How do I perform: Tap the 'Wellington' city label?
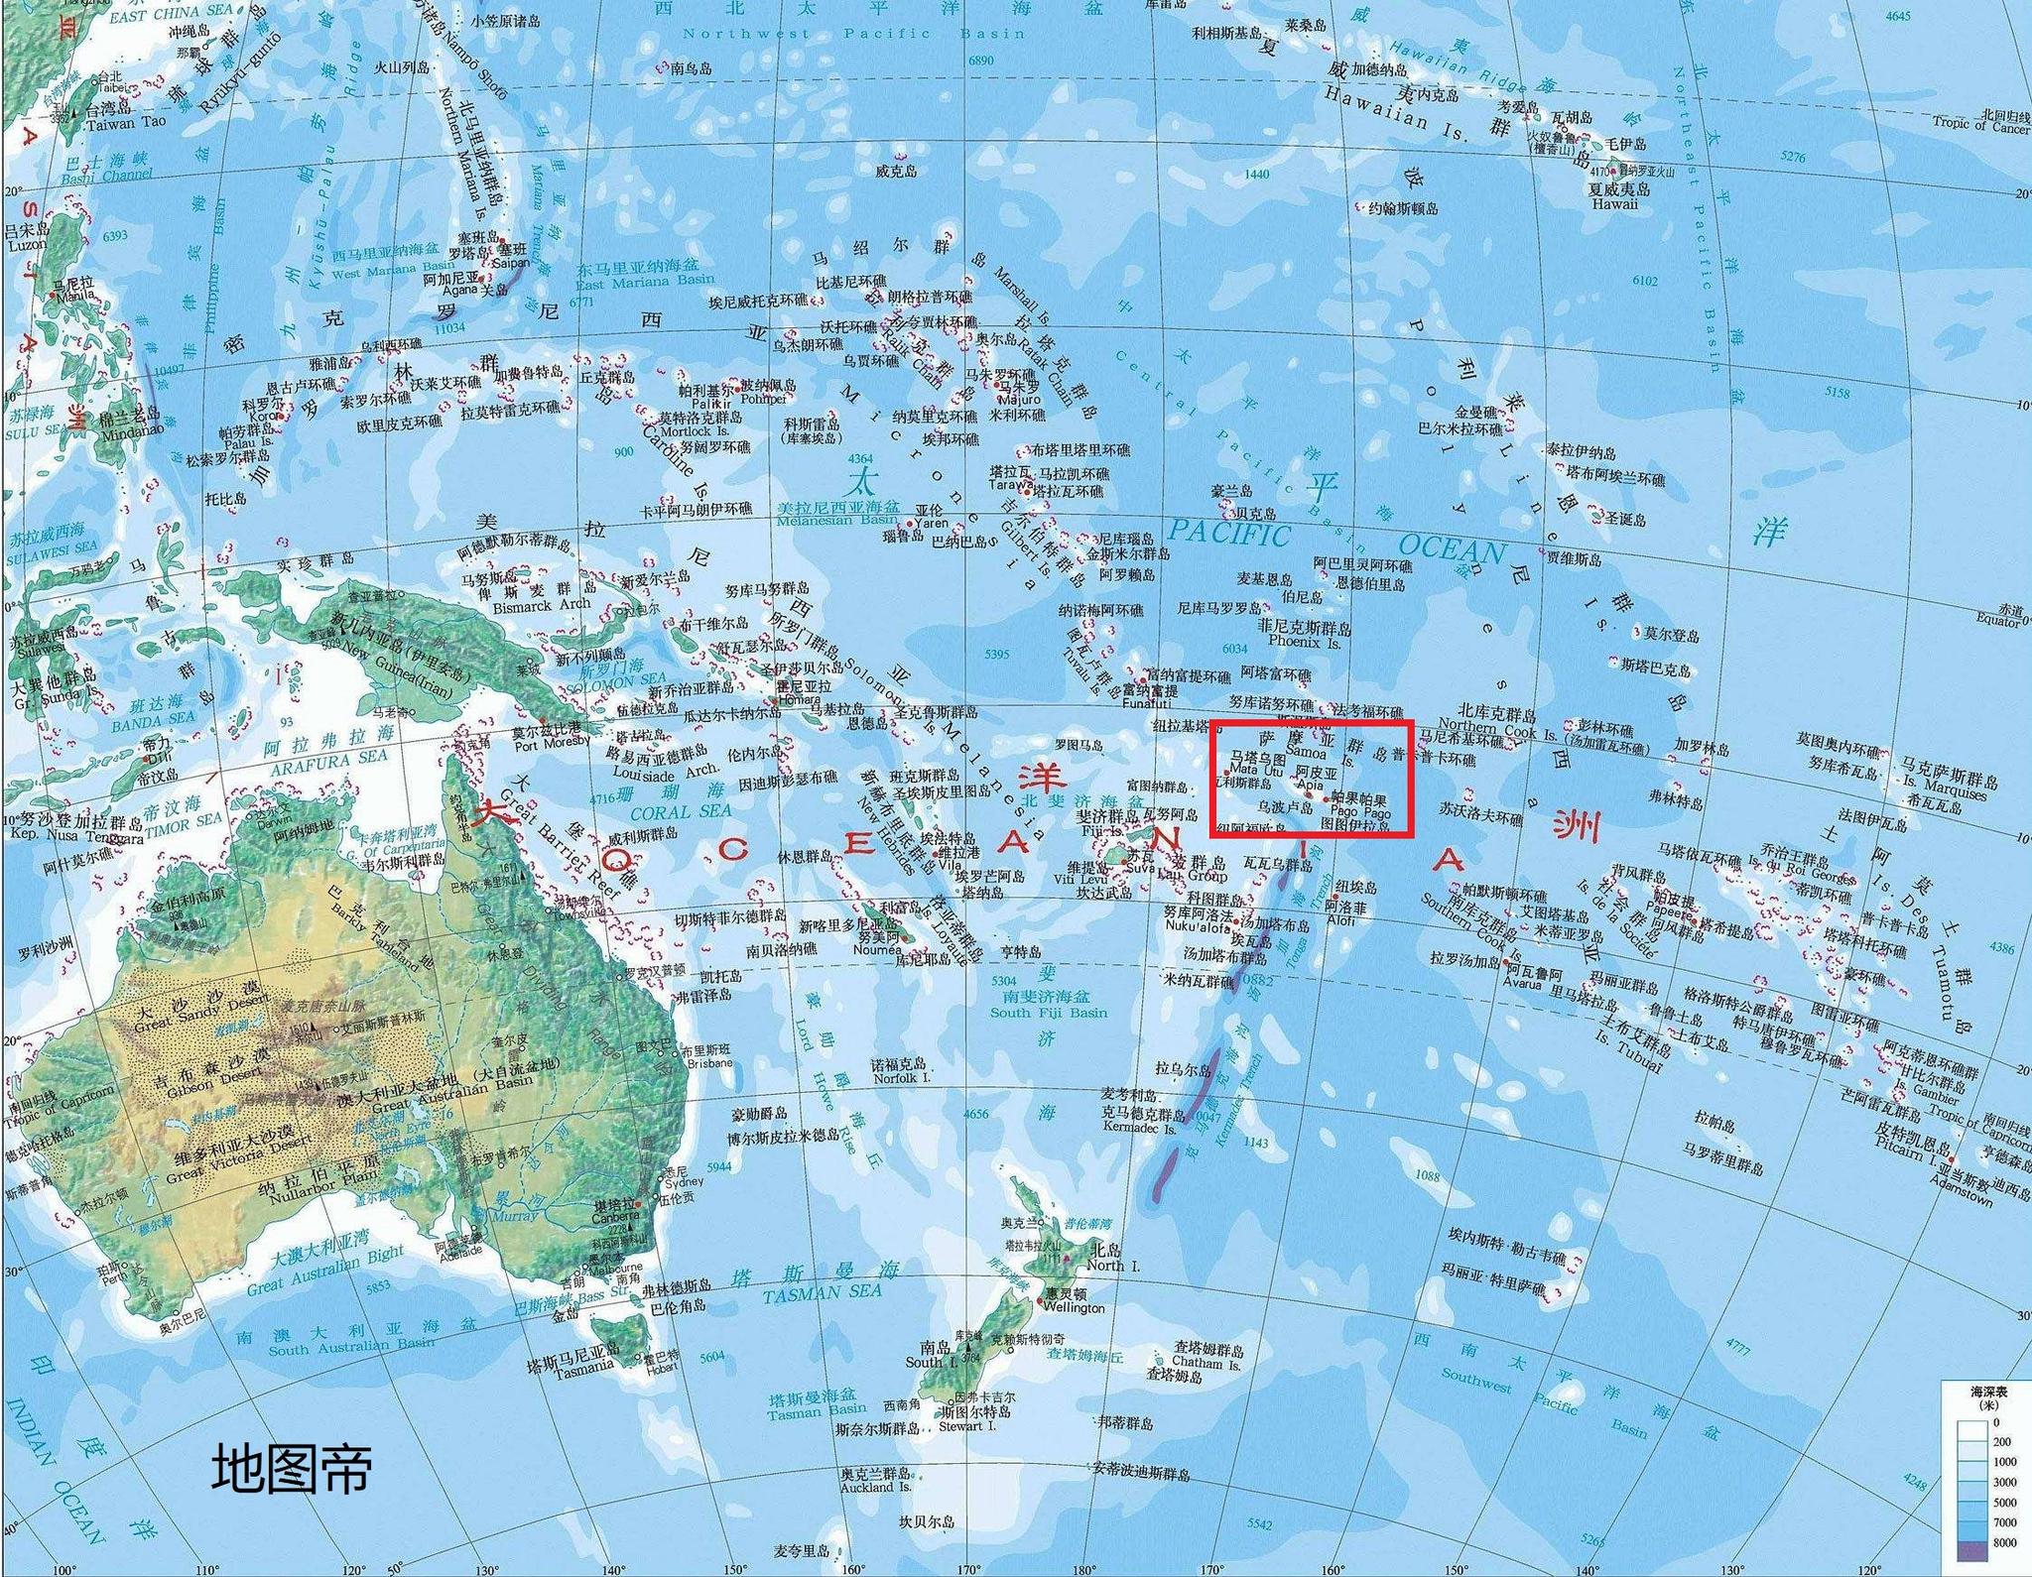click(x=1074, y=1308)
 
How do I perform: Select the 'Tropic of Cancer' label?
click(x=1980, y=125)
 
